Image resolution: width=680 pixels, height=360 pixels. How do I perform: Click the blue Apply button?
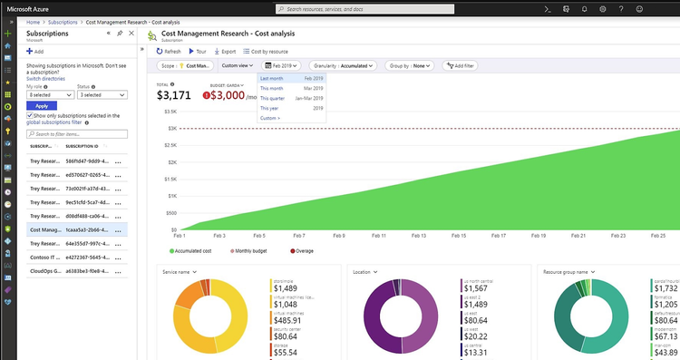pyautogui.click(x=42, y=106)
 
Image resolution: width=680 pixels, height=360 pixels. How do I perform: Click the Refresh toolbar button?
pyautogui.click(x=169, y=52)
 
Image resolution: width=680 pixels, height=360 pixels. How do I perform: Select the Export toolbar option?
pyautogui.click(x=225, y=52)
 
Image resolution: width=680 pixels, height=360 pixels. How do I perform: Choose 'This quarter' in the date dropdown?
pyautogui.click(x=272, y=98)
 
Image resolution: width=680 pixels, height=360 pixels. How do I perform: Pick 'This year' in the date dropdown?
pyautogui.click(x=270, y=108)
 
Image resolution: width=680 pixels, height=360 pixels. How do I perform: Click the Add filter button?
pyautogui.click(x=461, y=66)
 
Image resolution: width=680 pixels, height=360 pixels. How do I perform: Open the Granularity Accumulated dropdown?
pyautogui.click(x=343, y=66)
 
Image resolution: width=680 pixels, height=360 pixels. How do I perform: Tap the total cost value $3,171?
pyautogui.click(x=174, y=95)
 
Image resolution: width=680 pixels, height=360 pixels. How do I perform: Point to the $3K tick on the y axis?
pyautogui.click(x=170, y=128)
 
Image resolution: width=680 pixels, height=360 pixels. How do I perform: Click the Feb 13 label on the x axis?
pyautogui.click(x=416, y=236)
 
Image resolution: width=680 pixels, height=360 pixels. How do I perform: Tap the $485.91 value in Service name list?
pyautogui.click(x=292, y=321)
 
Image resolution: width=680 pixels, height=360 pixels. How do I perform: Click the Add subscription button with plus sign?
pyautogui.click(x=35, y=52)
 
